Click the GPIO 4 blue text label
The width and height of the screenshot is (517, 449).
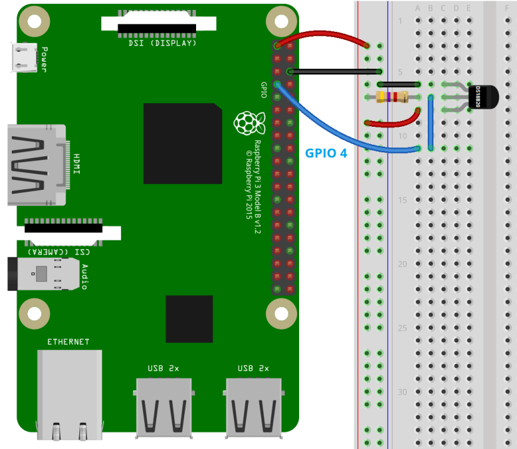(325, 152)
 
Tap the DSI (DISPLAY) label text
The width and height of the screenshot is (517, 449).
(159, 43)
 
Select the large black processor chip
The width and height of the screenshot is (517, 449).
(182, 144)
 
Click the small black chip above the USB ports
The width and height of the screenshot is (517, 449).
(189, 319)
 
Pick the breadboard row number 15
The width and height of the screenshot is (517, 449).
(403, 200)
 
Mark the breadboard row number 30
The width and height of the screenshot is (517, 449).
(403, 392)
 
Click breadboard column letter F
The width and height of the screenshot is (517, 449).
(506, 8)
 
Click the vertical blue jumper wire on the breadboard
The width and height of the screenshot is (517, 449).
(430, 122)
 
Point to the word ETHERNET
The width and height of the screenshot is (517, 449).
(69, 342)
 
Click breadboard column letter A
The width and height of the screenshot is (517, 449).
(418, 8)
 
